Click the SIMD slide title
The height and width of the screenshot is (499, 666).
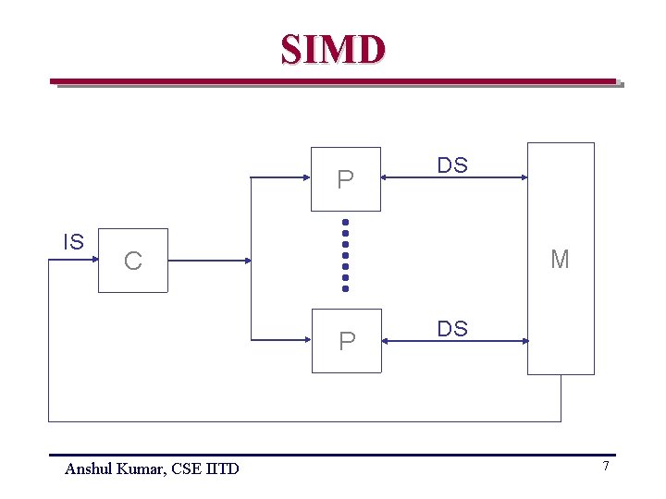(333, 49)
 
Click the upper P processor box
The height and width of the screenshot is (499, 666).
(346, 179)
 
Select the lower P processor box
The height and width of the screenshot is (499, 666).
(346, 340)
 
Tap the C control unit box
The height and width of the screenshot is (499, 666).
(133, 261)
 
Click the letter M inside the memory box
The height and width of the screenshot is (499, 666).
(560, 260)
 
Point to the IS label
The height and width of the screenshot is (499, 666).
(73, 242)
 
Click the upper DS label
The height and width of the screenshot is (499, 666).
(452, 165)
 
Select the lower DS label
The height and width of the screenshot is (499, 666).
(452, 328)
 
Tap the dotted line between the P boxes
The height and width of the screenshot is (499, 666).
(345, 255)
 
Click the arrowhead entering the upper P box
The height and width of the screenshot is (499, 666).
(306, 179)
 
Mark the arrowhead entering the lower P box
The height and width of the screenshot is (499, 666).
(306, 340)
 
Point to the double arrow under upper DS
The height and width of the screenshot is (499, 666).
(454, 179)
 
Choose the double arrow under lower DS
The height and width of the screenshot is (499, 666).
(454, 341)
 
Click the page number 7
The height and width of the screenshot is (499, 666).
(606, 466)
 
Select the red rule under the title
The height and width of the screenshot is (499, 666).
(333, 81)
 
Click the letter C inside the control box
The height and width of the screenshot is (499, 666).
(133, 262)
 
